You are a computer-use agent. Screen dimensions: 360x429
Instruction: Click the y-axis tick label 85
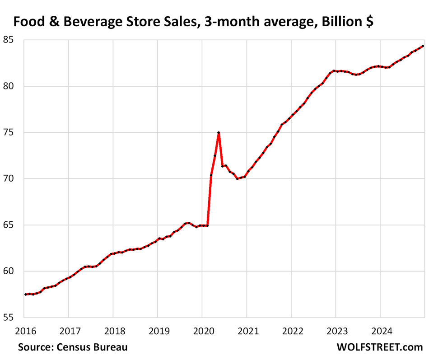7,40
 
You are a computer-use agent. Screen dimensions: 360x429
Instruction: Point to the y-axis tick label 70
7,179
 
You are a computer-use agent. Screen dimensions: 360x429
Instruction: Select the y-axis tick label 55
7,318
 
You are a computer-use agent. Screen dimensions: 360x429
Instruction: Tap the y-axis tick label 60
7,271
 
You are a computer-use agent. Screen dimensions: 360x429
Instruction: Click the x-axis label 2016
25,331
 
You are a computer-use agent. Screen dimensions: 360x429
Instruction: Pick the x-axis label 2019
157,331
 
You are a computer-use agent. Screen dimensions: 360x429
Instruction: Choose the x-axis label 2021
247,331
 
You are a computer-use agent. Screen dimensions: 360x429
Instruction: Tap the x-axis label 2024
380,331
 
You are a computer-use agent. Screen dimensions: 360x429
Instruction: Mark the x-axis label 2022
291,331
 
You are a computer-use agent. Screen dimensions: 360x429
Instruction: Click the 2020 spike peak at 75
219,133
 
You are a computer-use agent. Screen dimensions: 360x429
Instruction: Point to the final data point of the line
423,46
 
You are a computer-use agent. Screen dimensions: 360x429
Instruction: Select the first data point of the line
26,295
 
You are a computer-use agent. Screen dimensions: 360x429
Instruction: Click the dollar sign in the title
369,22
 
